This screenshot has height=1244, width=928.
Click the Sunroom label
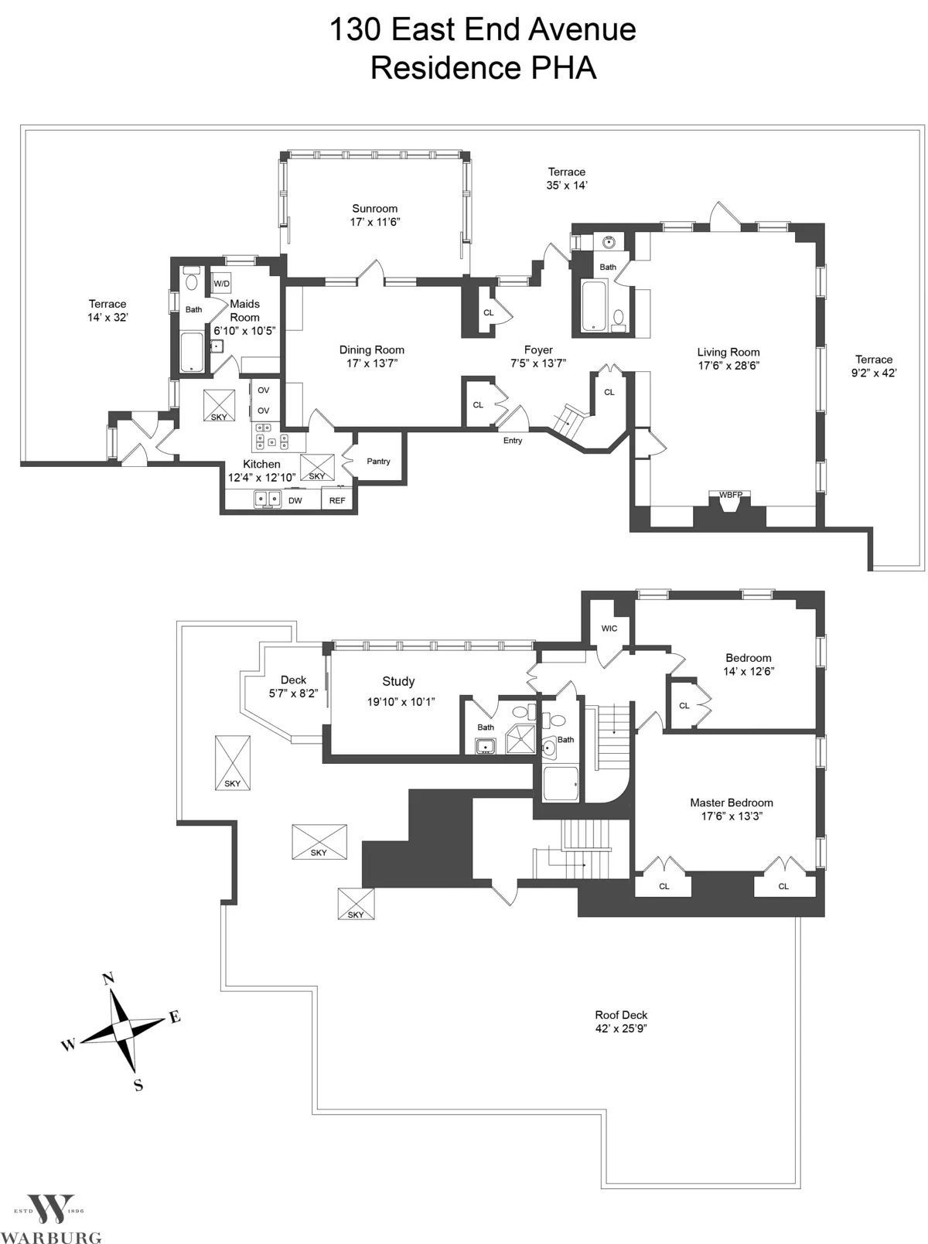[374, 209]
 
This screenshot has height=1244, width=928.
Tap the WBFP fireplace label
[730, 495]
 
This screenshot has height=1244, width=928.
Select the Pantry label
[378, 462]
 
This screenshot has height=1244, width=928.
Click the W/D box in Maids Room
[221, 284]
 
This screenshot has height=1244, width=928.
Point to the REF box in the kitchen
[337, 500]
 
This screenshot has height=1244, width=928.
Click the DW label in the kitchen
[295, 500]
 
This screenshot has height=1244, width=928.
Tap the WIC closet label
[609, 629]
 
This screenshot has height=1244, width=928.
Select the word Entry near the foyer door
[513, 441]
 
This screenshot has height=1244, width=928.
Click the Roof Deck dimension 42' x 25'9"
[621, 1028]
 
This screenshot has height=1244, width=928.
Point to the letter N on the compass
[108, 979]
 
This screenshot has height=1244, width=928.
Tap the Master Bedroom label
[731, 803]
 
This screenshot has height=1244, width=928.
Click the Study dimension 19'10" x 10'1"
[401, 702]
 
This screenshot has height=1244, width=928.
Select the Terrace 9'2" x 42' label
[874, 366]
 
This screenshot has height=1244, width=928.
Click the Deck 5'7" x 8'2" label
[293, 687]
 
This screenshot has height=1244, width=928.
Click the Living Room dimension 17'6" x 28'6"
[728, 366]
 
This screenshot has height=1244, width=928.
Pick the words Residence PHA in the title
[483, 68]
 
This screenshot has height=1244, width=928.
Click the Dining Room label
[371, 350]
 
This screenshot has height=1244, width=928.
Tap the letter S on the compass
[138, 1085]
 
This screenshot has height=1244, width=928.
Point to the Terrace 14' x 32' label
[107, 310]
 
